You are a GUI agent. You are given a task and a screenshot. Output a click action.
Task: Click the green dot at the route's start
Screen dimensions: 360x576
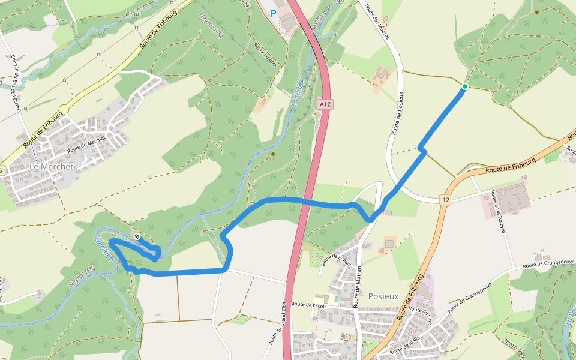pos(464,87)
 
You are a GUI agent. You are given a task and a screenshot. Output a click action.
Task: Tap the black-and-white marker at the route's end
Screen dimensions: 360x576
pos(137,237)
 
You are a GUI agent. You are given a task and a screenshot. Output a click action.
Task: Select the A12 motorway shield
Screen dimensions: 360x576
pos(325,104)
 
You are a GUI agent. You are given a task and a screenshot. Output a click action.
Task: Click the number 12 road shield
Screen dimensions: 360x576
pos(445,199)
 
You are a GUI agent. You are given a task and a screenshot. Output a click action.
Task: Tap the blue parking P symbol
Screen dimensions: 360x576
pos(274,13)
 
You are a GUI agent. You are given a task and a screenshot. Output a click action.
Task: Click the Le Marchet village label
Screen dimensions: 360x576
pos(51,167)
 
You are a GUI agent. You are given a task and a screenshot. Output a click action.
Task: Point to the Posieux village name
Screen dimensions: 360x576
pos(383,296)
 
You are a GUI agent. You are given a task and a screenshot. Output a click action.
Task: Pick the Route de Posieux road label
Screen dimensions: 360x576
pos(397,113)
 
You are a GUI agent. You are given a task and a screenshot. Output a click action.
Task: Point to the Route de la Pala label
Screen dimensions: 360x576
pos(336,259)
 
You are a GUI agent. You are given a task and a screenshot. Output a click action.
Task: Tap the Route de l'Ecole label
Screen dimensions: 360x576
pos(308,305)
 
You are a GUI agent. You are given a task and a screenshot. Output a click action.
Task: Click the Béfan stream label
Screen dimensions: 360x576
pos(133,13)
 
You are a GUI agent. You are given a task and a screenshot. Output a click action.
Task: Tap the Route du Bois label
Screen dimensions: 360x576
pos(265,55)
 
